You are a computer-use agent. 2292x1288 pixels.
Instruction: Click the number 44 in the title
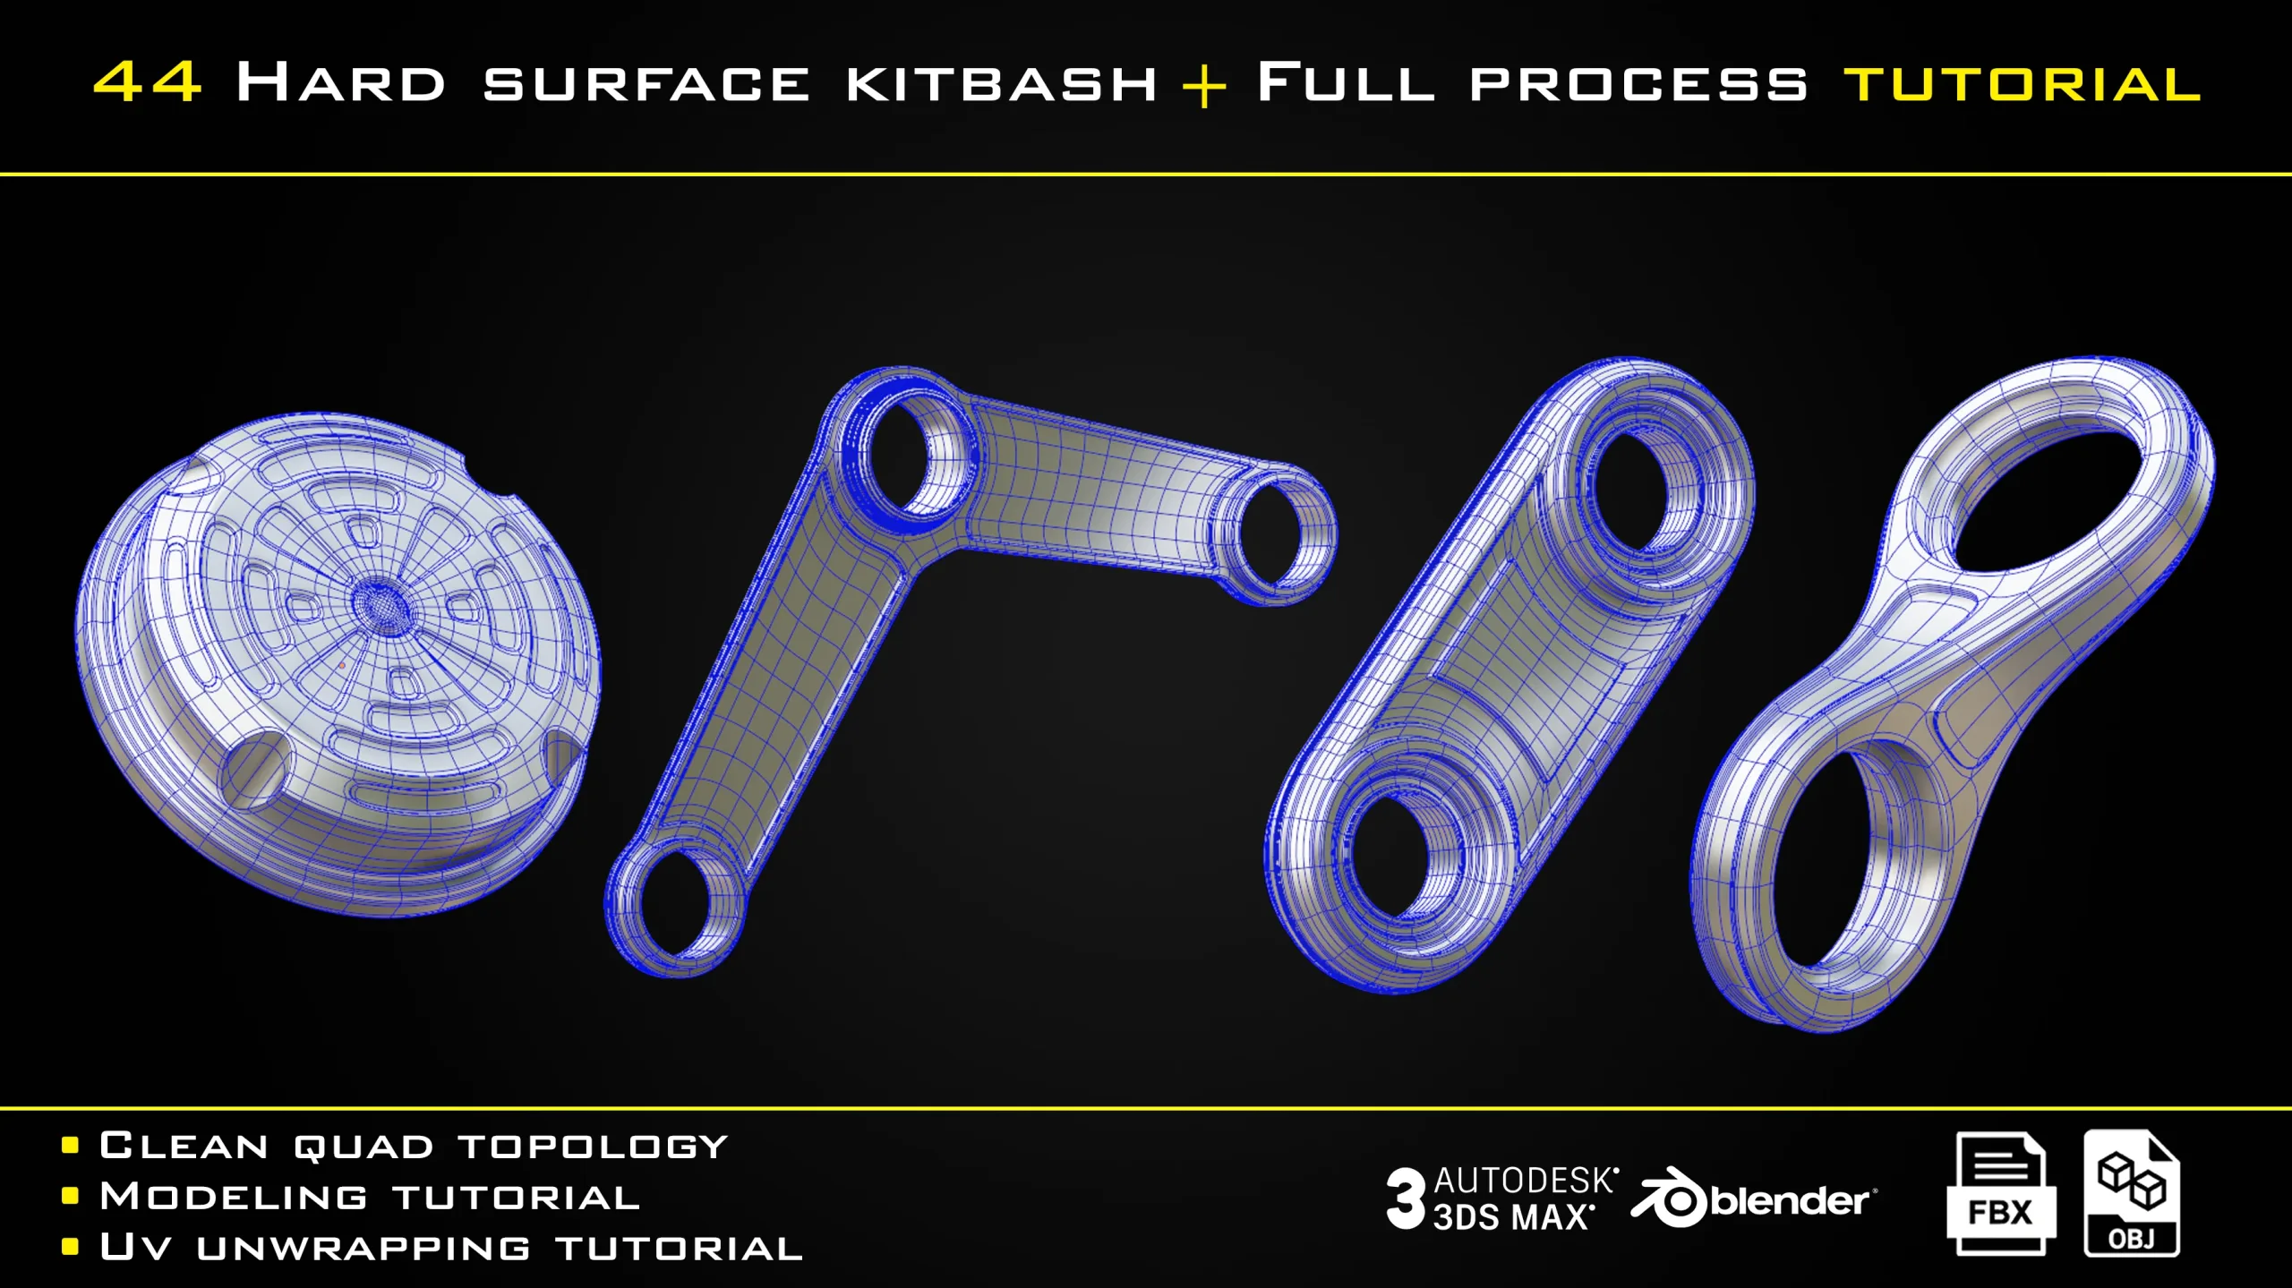(148, 82)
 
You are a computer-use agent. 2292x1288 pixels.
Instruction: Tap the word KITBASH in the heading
(1002, 83)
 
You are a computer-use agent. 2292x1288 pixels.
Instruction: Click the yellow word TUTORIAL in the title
(2023, 84)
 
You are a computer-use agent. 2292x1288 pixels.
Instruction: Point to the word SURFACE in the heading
(646, 84)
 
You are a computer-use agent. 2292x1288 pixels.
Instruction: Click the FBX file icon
(2000, 1194)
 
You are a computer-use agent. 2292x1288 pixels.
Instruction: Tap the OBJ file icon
(2132, 1193)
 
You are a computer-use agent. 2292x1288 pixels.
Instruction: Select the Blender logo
(1754, 1198)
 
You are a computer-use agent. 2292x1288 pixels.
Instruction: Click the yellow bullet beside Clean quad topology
(71, 1146)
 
